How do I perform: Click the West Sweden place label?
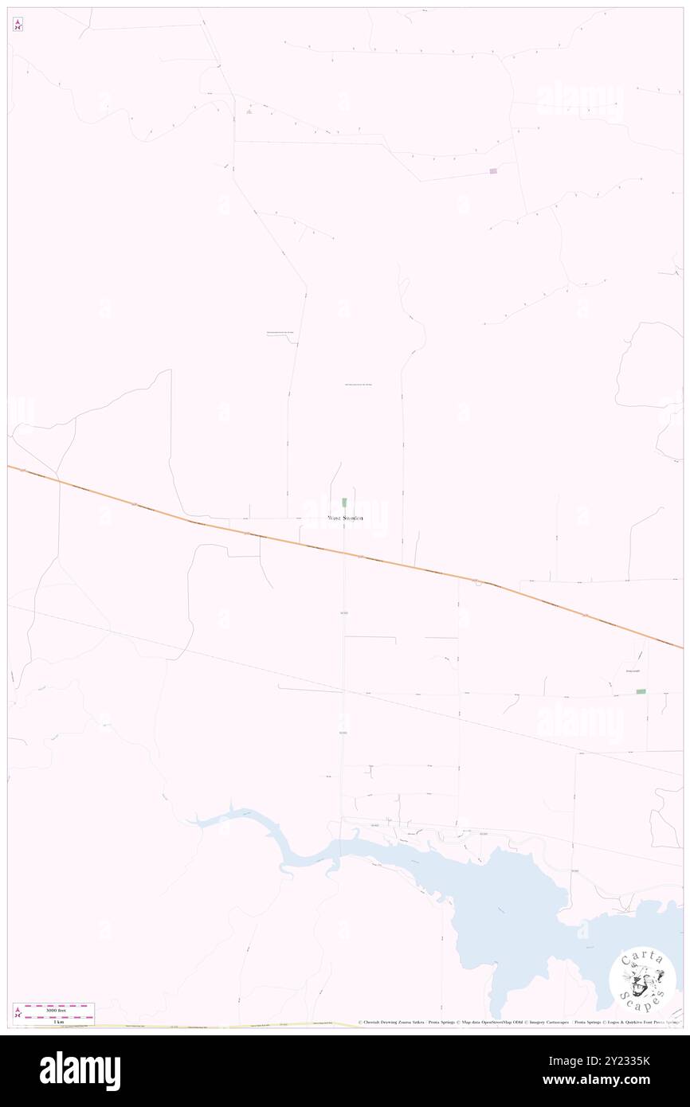tap(345, 518)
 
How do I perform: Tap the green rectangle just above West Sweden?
tap(344, 502)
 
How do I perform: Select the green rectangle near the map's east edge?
tap(641, 692)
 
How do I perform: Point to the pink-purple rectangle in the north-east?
tap(493, 171)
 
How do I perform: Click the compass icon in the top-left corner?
tap(18, 25)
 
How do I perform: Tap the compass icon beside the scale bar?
tap(18, 1012)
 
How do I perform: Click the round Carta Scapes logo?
tap(642, 982)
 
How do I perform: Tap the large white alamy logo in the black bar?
tap(80, 1071)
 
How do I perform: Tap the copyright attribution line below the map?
tap(519, 1023)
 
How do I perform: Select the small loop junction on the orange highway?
tap(479, 582)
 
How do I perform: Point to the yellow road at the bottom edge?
tap(239, 1027)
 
